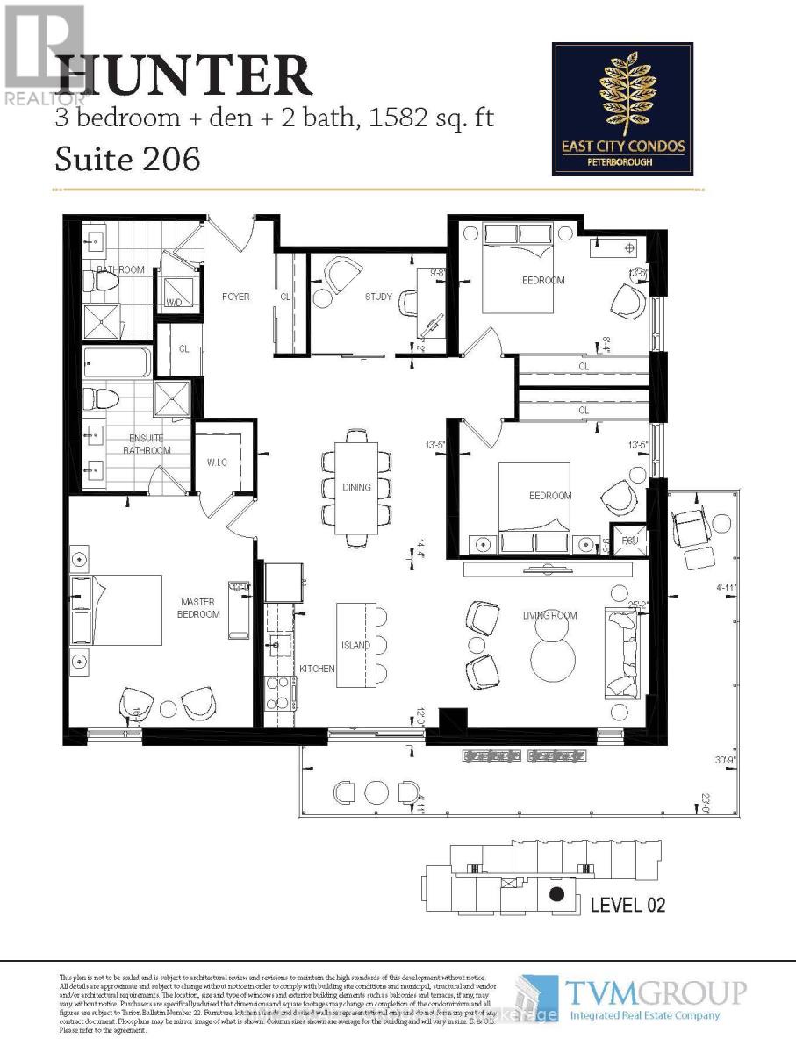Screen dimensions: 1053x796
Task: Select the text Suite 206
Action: pos(127,159)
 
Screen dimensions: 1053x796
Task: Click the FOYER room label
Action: pos(234,297)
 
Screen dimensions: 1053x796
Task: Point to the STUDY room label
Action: pos(378,297)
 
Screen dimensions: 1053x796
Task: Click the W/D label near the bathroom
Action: pos(174,304)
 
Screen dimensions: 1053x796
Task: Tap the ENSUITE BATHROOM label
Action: pos(146,445)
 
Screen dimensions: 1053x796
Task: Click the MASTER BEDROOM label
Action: pos(199,608)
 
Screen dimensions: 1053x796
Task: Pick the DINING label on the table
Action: pos(356,488)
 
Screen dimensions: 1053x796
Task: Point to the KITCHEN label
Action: pos(317,669)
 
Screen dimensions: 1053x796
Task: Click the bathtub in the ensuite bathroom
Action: pos(118,362)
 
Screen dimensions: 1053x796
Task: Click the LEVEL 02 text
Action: pos(630,903)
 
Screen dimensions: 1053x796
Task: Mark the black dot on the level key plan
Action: pos(556,895)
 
